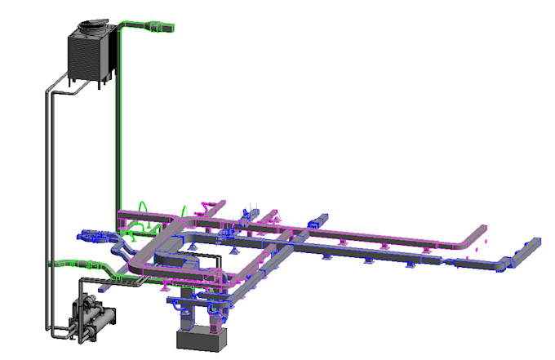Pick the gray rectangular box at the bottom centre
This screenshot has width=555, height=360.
click(200, 340)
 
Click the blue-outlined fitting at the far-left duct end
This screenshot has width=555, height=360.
click(86, 236)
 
